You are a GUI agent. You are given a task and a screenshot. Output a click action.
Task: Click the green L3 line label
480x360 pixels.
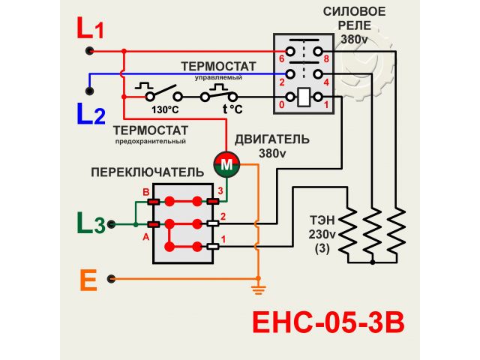pyautogui.click(x=91, y=223)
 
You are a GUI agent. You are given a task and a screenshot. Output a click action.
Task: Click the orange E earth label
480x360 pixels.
pyautogui.click(x=88, y=280)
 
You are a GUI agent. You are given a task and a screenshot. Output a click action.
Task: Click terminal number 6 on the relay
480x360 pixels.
pyautogui.click(x=281, y=58)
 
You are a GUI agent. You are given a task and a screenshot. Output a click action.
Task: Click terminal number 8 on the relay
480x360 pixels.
pyautogui.click(x=327, y=58)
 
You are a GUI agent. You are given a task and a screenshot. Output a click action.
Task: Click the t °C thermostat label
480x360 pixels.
pyautogui.click(x=232, y=109)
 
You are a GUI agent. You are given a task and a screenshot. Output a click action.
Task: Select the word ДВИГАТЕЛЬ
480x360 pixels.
pyautogui.click(x=271, y=139)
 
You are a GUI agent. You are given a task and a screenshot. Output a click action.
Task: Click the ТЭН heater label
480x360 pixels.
pyautogui.click(x=323, y=221)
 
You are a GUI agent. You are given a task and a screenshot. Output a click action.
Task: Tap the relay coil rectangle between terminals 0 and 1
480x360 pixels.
pyautogui.click(x=304, y=97)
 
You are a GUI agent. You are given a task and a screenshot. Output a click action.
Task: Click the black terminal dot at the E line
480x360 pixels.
pyautogui.click(x=112, y=279)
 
